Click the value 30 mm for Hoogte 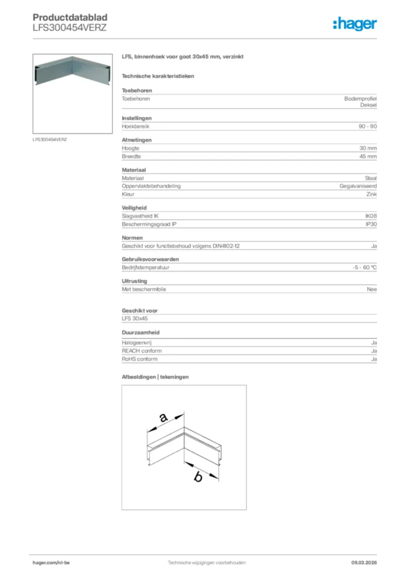368,148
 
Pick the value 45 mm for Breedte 368,157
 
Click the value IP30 371,224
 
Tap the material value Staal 371,178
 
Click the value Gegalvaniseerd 358,186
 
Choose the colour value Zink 371,195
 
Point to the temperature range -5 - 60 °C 361,268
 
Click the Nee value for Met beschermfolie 372,289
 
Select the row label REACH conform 142,350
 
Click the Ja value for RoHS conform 373,359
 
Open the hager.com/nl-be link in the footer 51,563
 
